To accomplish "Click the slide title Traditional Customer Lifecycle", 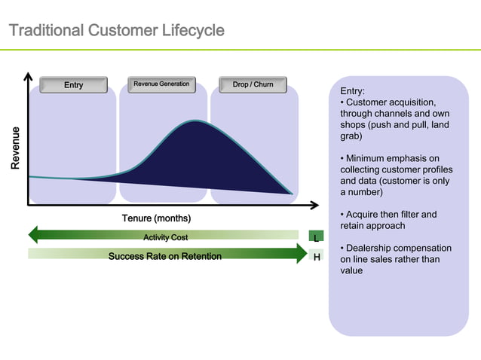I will pyautogui.click(x=116, y=31).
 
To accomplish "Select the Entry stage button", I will pyautogui.click(x=73, y=85).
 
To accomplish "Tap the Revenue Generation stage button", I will pyautogui.click(x=161, y=84).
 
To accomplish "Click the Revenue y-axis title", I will pyautogui.click(x=16, y=148).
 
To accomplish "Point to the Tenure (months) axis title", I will pyautogui.click(x=156, y=218).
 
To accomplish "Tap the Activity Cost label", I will pyautogui.click(x=165, y=237).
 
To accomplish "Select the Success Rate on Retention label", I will pyautogui.click(x=165, y=256).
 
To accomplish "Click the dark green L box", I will pyautogui.click(x=317, y=238).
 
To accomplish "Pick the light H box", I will pyautogui.click(x=317, y=257).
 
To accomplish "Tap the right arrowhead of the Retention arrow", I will pyautogui.click(x=302, y=254).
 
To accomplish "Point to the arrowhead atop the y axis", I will pyautogui.click(x=28, y=76).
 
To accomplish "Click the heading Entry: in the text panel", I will pyautogui.click(x=353, y=91).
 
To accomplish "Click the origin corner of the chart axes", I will pyautogui.click(x=29, y=204).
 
